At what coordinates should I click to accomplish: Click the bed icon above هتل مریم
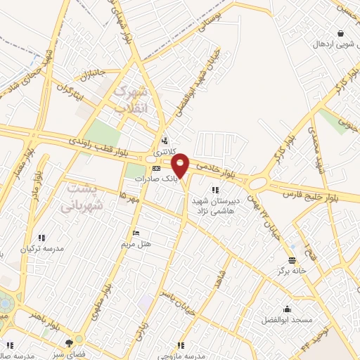click(136, 233)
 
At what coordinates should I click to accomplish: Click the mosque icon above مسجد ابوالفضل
click(287, 308)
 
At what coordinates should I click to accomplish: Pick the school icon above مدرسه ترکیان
click(41, 238)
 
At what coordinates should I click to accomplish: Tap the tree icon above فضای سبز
click(69, 343)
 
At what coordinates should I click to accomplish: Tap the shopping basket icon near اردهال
click(341, 32)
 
